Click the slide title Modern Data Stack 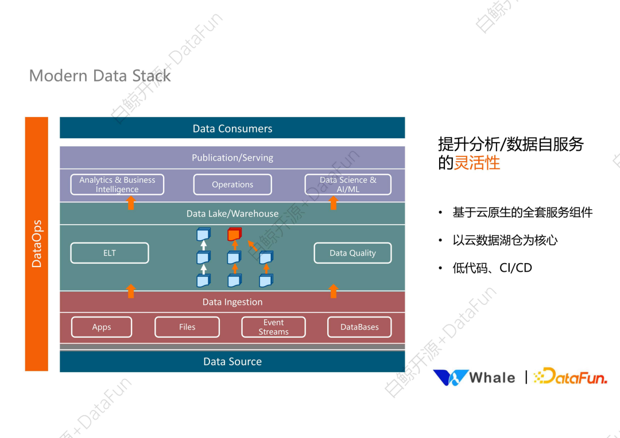click(100, 76)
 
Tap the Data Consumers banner click(232, 128)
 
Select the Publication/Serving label click(232, 158)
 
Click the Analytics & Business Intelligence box click(117, 185)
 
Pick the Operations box click(232, 185)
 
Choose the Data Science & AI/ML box click(348, 185)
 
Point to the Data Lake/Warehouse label click(232, 214)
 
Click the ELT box click(109, 253)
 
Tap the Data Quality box click(352, 253)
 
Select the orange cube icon click(234, 234)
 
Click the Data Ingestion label click(232, 302)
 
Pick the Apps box click(102, 327)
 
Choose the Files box click(187, 327)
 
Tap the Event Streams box click(273, 327)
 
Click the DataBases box click(359, 327)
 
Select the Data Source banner click(232, 362)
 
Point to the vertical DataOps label click(37, 244)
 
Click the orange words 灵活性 click(477, 163)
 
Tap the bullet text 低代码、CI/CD click(492, 268)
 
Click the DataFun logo click(569, 377)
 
